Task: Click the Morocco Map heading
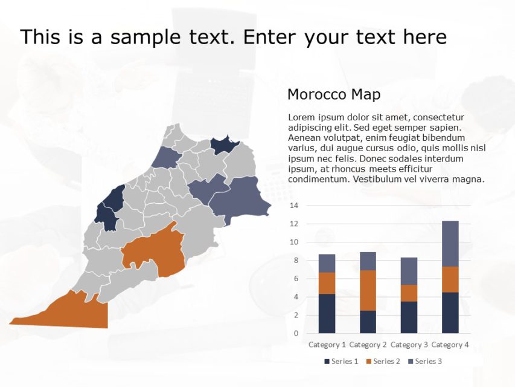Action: [x=333, y=94]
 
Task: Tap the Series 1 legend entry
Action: [x=342, y=362]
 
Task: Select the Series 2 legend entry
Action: [x=383, y=362]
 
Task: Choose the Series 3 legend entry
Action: [x=425, y=362]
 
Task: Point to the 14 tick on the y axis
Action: [x=295, y=206]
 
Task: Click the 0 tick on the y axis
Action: [x=296, y=333]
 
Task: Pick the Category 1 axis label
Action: [x=327, y=345]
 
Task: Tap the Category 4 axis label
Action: [x=450, y=345]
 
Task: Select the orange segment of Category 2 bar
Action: [x=368, y=290]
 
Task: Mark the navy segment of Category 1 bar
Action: [x=327, y=313]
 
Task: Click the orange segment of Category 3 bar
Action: [x=409, y=293]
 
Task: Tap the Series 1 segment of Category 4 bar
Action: [x=450, y=313]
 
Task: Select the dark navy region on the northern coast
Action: [x=223, y=145]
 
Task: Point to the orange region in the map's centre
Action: [x=156, y=251]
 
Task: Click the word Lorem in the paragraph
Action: [x=301, y=117]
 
